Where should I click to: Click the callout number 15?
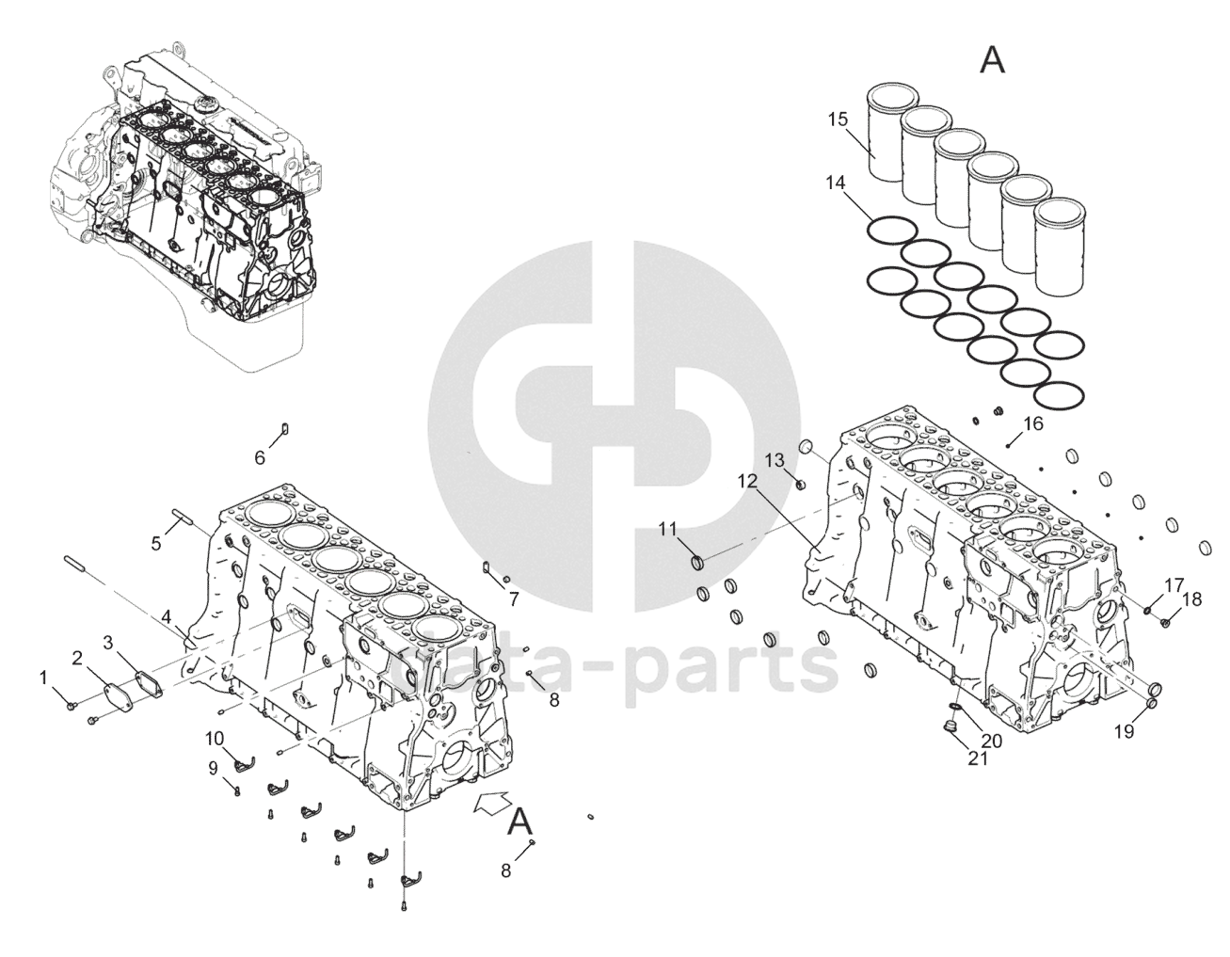839,120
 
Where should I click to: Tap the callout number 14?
836,183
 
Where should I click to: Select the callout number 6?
260,458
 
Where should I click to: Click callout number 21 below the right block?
978,758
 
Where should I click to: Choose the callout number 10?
215,737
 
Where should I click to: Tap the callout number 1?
42,678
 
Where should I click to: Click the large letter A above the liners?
992,60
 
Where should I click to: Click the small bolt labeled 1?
72,705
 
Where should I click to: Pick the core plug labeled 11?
698,562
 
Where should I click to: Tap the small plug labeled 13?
800,485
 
